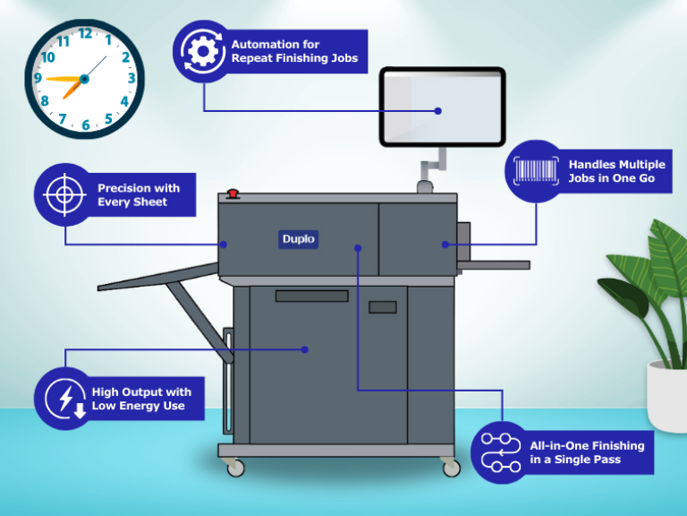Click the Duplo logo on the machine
299,239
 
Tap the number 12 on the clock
86,34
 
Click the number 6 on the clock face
86,125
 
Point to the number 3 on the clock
131,79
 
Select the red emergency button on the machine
233,193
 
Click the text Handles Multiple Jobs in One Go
616,172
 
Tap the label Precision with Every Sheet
138,195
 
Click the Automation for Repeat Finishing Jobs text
293,51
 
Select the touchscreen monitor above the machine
442,107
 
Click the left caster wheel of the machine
234,468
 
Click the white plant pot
666,394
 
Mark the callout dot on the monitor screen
438,111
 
